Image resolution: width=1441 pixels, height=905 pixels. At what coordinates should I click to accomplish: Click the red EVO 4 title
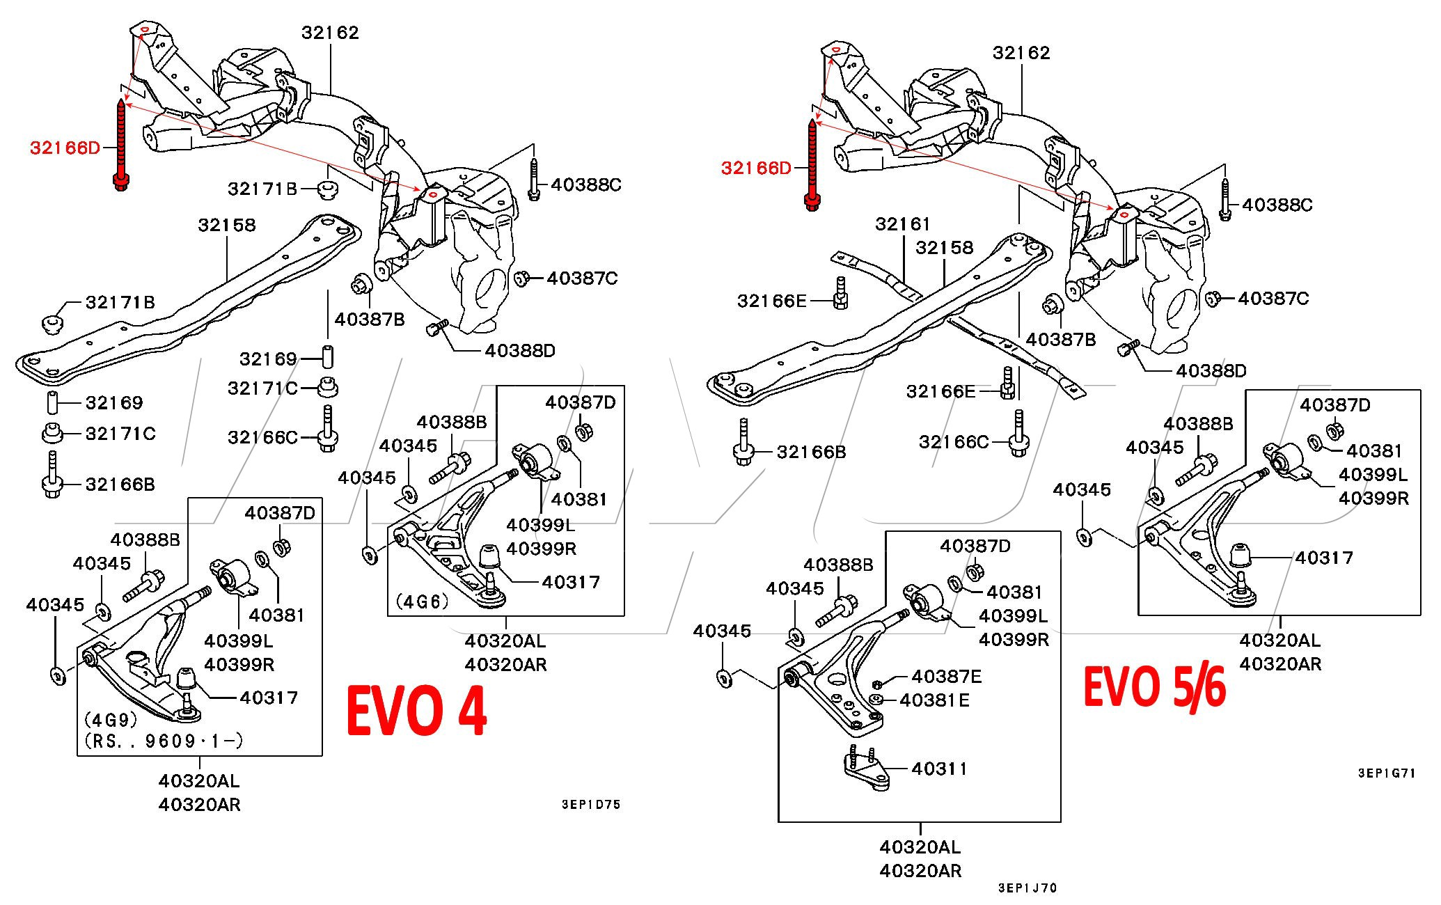[416, 711]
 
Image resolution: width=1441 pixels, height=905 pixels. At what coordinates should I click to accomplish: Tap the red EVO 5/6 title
[1154, 686]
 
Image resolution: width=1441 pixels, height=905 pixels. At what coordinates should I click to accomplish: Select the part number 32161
[903, 223]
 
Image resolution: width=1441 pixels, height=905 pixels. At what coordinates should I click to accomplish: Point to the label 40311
[939, 769]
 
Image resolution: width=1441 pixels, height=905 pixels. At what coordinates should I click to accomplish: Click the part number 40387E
[946, 676]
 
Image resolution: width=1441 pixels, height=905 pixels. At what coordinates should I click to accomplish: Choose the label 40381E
[934, 700]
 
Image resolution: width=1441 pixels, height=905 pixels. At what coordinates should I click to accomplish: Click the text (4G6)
[423, 601]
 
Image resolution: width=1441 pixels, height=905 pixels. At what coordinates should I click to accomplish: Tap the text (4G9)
[111, 718]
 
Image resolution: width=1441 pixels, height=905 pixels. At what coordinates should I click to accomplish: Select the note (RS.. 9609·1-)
[164, 741]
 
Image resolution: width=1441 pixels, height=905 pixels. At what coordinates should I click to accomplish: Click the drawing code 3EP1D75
[591, 804]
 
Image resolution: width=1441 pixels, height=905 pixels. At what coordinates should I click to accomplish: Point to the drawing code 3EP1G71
[1387, 773]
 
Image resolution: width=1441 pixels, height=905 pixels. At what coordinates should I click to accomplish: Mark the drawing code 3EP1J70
[1027, 888]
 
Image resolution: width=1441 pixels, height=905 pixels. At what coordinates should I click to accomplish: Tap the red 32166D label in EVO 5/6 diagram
[756, 168]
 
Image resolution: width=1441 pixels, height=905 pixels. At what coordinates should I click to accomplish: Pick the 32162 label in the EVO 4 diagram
[330, 32]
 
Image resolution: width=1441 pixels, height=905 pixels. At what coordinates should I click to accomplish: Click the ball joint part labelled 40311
[865, 769]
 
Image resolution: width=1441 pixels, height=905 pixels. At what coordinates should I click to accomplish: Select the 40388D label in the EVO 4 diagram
[520, 350]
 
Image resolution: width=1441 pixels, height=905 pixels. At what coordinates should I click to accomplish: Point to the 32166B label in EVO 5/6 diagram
[811, 452]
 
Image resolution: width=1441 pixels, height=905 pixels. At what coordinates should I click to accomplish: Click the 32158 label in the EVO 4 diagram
[227, 225]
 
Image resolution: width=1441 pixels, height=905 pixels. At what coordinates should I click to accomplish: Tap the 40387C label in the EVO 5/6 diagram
[1273, 298]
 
